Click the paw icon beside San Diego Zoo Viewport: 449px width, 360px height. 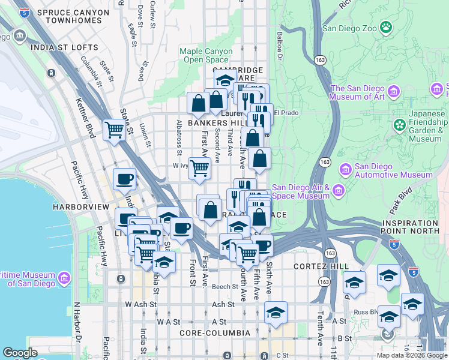(385, 28)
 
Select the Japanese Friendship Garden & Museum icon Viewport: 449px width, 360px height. (399, 125)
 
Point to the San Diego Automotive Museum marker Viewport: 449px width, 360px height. (345, 170)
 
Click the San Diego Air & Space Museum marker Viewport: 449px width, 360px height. (339, 191)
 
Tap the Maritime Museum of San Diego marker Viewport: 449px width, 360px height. (64, 278)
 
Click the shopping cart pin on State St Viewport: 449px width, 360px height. (113, 129)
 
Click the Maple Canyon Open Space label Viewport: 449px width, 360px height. (206, 55)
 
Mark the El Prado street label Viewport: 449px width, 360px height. (286, 112)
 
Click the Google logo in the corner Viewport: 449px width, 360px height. (20, 353)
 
